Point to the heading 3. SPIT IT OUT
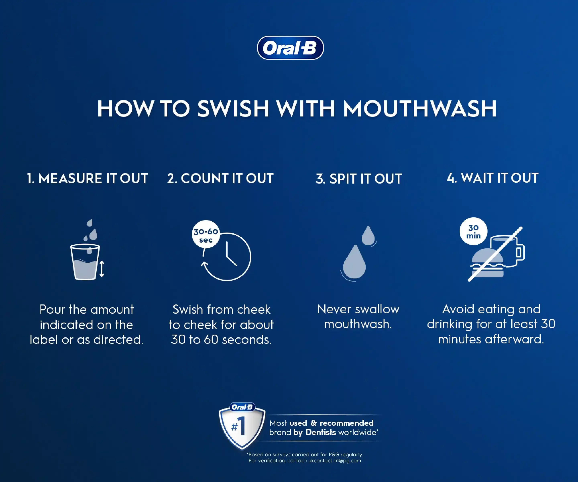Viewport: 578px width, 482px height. click(359, 179)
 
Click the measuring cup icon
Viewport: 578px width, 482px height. click(85, 262)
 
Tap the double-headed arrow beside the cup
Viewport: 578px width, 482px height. click(102, 269)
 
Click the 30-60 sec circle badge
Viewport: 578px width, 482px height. click(206, 234)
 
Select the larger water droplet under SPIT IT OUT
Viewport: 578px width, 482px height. click(354, 262)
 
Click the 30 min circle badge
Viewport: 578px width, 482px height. click(473, 231)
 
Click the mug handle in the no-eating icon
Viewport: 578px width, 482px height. click(520, 252)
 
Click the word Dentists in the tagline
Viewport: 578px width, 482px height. click(321, 432)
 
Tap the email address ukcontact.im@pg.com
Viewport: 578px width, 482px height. click(335, 461)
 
